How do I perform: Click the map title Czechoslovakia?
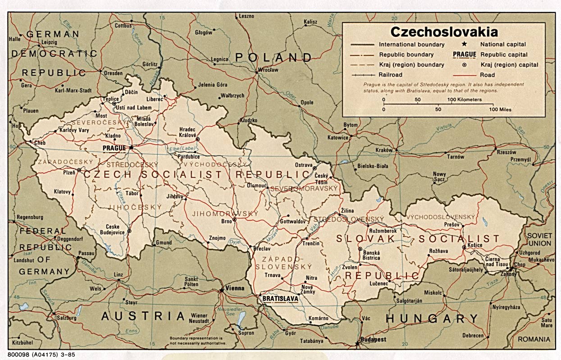pyautogui.click(x=444, y=32)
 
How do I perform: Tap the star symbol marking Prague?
pyautogui.click(x=131, y=147)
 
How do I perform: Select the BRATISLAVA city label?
pyautogui.click(x=278, y=298)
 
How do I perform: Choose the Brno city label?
pyautogui.click(x=226, y=221)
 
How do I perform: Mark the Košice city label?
pyautogui.click(x=474, y=245)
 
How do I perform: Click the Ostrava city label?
pyautogui.click(x=304, y=165)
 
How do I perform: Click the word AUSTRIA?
pyautogui.click(x=143, y=316)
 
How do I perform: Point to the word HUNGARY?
pyautogui.click(x=432, y=319)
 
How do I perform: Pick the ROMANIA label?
pyautogui.click(x=534, y=339)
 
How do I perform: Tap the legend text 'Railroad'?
pyautogui.click(x=391, y=75)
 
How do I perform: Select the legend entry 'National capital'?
pyautogui.click(x=503, y=45)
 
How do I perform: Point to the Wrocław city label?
pyautogui.click(x=268, y=70)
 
